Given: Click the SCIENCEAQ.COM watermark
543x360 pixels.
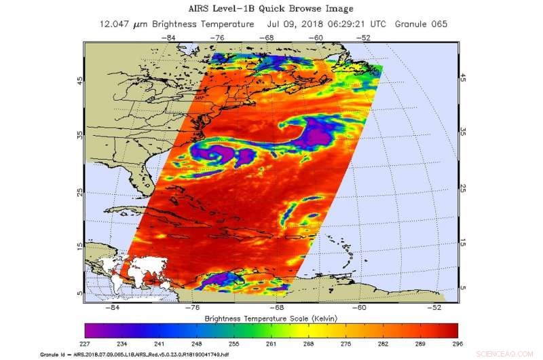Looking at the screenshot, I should [x=516, y=355].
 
